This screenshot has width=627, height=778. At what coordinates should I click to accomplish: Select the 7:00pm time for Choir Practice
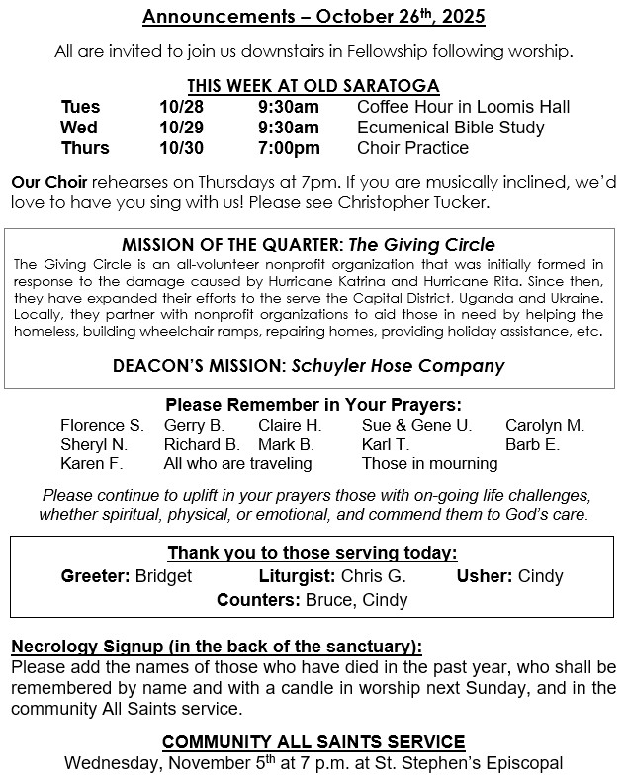(x=289, y=148)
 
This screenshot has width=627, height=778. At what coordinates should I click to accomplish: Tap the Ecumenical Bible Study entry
(x=451, y=128)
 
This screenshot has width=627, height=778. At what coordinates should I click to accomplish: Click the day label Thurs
(x=85, y=148)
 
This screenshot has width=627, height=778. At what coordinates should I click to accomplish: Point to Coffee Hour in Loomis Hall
(x=463, y=107)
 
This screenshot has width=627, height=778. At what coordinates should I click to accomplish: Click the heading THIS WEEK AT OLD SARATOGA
(x=313, y=86)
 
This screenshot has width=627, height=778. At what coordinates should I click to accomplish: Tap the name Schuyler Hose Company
(x=398, y=365)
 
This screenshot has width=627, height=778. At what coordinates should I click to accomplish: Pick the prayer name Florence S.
(x=101, y=426)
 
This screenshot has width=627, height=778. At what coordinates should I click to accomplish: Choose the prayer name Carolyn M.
(x=545, y=426)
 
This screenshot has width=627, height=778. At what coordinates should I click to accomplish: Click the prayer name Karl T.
(x=385, y=444)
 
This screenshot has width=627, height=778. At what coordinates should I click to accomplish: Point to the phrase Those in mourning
(x=429, y=463)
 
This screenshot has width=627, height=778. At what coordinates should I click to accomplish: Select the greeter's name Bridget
(x=163, y=575)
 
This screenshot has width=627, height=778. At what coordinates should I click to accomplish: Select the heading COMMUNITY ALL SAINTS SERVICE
(x=313, y=741)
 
